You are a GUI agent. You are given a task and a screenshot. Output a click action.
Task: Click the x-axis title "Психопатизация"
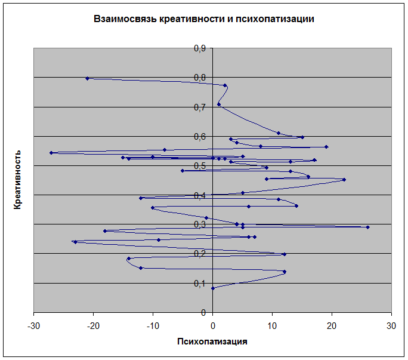212,342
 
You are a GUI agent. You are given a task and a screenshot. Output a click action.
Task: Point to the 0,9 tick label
200,48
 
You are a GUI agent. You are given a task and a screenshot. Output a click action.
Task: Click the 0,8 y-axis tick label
200,78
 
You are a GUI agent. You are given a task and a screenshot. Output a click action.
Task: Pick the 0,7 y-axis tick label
200,107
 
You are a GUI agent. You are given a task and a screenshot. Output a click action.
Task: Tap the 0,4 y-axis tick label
200,195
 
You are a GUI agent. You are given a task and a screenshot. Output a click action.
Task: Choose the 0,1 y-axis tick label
200,283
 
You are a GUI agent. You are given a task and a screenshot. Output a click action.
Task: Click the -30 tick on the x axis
34,325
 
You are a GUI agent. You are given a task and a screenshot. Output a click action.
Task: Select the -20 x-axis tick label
94,325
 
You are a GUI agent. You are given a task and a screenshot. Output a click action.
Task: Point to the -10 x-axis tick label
153,325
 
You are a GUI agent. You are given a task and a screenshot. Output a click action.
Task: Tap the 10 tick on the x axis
272,325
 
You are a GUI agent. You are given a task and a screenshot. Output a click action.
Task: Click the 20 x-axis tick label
332,325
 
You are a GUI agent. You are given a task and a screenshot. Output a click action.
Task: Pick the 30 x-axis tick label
391,325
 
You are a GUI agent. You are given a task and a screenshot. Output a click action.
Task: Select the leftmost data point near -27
51,153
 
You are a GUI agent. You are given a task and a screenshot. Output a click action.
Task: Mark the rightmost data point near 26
367,227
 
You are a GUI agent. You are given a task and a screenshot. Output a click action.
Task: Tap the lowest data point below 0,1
213,288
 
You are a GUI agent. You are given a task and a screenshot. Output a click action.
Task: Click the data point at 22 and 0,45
344,180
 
